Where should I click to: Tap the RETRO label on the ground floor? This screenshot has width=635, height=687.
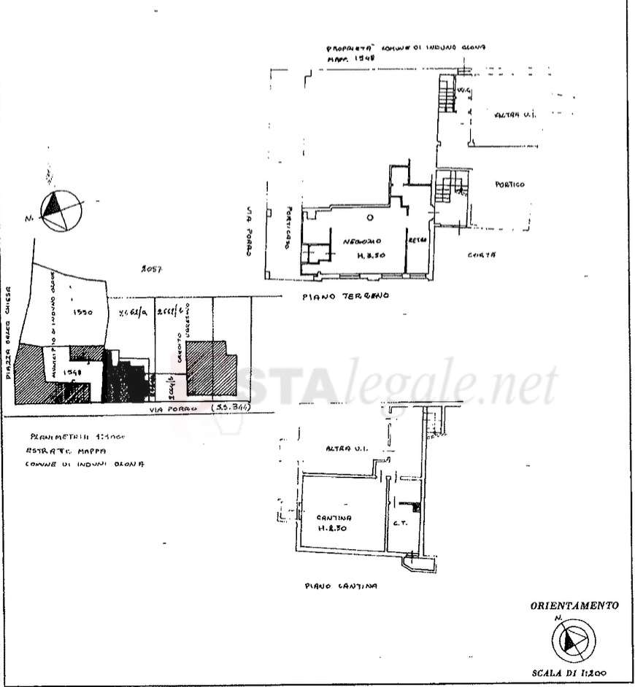click(417, 240)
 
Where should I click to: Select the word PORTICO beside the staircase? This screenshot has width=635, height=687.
click(509, 185)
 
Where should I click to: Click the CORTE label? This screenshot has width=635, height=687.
click(482, 255)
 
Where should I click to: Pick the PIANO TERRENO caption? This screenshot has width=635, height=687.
click(347, 297)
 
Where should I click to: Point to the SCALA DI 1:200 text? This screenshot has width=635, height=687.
click(573, 674)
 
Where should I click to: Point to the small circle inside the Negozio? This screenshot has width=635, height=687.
click(371, 217)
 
